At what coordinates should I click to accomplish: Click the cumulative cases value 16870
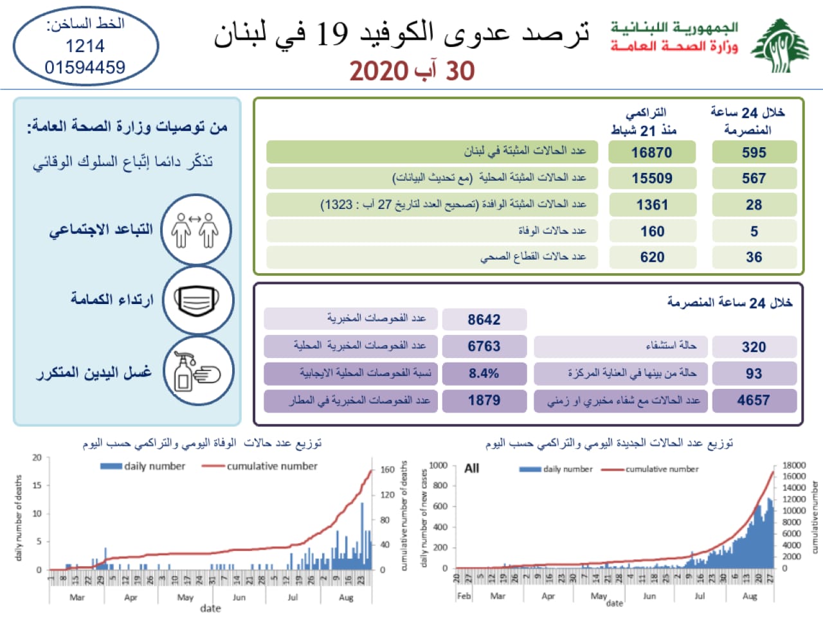pyautogui.click(x=651, y=152)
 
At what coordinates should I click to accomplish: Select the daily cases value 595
pyautogui.click(x=754, y=152)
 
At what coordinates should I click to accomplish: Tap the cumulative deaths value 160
pyautogui.click(x=652, y=231)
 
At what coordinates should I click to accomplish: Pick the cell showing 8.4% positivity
pyautogui.click(x=484, y=373)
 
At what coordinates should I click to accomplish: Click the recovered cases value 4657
pyautogui.click(x=754, y=400)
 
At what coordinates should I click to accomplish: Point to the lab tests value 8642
pyautogui.click(x=484, y=319)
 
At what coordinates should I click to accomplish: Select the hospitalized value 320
pyautogui.click(x=754, y=347)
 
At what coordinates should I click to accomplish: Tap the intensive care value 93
pyautogui.click(x=754, y=373)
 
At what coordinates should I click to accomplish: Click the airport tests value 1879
pyautogui.click(x=484, y=400)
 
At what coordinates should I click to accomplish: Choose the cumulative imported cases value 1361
pyautogui.click(x=652, y=205)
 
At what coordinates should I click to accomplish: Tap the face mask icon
pyautogui.click(x=197, y=301)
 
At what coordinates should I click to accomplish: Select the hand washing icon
pyautogui.click(x=197, y=371)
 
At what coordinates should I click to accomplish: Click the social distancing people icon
pyautogui.click(x=197, y=230)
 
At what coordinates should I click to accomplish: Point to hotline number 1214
pyautogui.click(x=85, y=46)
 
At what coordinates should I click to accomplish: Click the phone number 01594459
pyautogui.click(x=85, y=67)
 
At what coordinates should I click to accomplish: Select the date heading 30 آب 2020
pyautogui.click(x=412, y=71)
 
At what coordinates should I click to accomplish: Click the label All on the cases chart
pyautogui.click(x=471, y=469)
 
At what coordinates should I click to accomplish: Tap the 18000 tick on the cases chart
pyautogui.click(x=794, y=465)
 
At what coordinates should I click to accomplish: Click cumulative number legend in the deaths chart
pyautogui.click(x=271, y=466)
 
